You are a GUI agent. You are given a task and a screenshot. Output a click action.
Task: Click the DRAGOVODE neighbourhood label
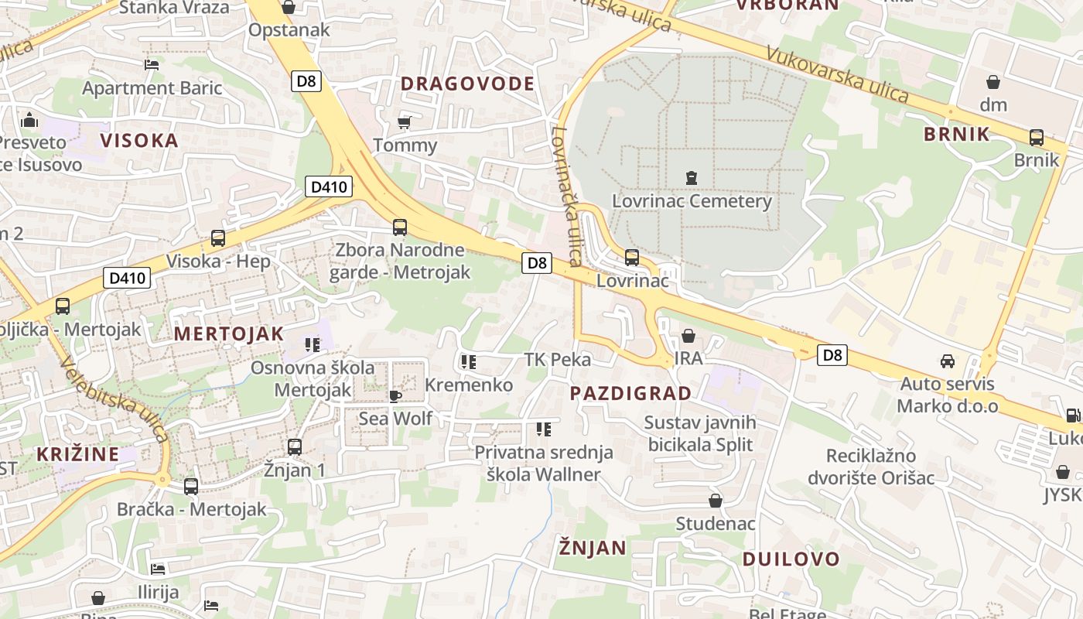pyautogui.click(x=467, y=84)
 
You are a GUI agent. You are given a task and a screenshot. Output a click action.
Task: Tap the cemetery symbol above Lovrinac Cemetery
pyautogui.click(x=691, y=178)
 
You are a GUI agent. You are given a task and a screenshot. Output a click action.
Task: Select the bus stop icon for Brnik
pyautogui.click(x=1036, y=138)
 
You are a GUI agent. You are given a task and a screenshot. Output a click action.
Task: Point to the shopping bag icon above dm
pyautogui.click(x=993, y=81)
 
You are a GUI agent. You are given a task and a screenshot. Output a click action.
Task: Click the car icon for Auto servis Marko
pyautogui.click(x=947, y=361)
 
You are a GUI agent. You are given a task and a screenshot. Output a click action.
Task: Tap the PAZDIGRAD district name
pyautogui.click(x=630, y=393)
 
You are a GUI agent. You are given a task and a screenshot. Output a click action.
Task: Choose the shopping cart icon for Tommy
pyautogui.click(x=404, y=122)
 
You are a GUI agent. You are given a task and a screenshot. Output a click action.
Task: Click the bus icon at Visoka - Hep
pyautogui.click(x=218, y=238)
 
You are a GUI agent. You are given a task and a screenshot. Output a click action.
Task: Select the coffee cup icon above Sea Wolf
pyautogui.click(x=395, y=396)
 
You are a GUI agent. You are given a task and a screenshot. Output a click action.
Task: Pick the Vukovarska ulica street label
pyautogui.click(x=837, y=74)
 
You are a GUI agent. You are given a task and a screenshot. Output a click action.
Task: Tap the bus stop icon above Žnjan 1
pyautogui.click(x=294, y=446)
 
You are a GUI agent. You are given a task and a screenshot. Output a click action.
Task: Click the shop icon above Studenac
pyautogui.click(x=716, y=501)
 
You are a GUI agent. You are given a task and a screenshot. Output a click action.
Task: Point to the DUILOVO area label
pyautogui.click(x=791, y=559)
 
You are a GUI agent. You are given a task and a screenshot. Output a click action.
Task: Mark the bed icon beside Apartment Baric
pyautogui.click(x=152, y=65)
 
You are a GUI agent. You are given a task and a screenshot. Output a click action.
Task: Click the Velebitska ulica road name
pyautogui.click(x=114, y=399)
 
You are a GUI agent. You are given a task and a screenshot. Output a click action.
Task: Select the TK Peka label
pyautogui.click(x=557, y=360)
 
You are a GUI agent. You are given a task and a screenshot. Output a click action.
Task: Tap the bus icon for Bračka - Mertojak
pyautogui.click(x=191, y=487)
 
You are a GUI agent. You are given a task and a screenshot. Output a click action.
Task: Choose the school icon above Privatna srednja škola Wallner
pyautogui.click(x=544, y=429)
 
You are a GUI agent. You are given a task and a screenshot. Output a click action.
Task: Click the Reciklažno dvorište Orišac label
pyautogui.click(x=871, y=467)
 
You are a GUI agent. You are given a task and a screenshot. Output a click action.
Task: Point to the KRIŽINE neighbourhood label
pyautogui.click(x=78, y=453)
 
